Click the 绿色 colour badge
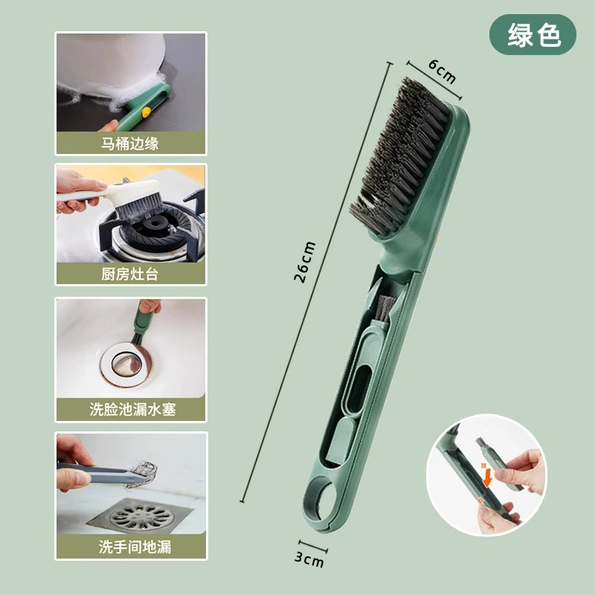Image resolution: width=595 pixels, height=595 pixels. [533, 34]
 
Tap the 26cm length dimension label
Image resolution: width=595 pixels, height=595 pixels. [304, 262]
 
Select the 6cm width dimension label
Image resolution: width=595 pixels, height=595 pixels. [442, 71]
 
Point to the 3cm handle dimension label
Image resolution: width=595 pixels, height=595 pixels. [309, 560]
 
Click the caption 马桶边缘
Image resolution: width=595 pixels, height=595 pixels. [129, 144]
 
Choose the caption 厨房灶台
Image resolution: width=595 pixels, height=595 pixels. [129, 274]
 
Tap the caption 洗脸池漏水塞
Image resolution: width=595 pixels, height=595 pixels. [132, 410]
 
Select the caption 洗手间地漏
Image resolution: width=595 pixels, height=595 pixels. [135, 547]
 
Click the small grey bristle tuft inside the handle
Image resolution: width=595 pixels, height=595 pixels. [385, 307]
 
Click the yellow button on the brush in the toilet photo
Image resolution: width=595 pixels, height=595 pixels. [145, 112]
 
